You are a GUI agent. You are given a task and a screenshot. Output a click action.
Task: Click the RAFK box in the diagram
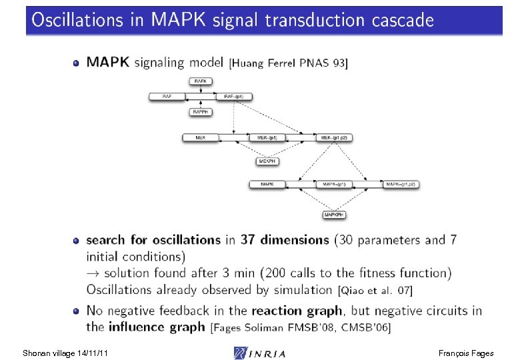(x=201, y=81)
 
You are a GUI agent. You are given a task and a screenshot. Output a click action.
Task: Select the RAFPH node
(x=201, y=112)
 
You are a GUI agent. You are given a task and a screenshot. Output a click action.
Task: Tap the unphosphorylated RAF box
(x=167, y=97)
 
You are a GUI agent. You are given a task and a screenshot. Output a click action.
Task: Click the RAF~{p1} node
(x=234, y=97)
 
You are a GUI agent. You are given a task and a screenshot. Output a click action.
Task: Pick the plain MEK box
(x=201, y=138)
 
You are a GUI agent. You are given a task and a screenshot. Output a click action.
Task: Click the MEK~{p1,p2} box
(x=335, y=138)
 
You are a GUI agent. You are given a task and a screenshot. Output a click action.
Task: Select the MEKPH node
(x=267, y=161)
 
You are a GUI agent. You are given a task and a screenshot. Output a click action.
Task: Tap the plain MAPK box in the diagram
(x=267, y=184)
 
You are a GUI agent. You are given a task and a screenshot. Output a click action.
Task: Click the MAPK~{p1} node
(x=334, y=184)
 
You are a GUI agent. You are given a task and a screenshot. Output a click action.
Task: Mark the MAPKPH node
(x=334, y=215)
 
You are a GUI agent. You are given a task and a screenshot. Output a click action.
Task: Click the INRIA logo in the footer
(x=260, y=352)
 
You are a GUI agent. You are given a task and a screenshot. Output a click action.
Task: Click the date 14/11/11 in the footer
(x=92, y=352)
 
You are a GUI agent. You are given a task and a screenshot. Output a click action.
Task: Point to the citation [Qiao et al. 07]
(x=375, y=291)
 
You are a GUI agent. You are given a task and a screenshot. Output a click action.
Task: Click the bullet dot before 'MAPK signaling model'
(x=76, y=63)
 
